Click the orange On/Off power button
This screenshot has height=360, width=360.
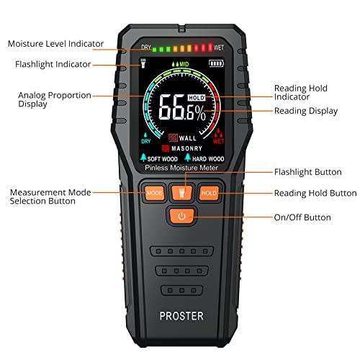(181, 216)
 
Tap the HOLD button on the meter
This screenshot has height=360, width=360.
(209, 193)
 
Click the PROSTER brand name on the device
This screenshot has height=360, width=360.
(181, 316)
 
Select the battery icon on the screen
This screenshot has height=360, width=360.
(216, 63)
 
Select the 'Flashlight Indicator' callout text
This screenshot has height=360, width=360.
(53, 64)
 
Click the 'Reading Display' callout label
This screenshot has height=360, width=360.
(306, 111)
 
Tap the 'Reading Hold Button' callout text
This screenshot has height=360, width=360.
(315, 193)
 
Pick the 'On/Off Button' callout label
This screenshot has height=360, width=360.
(302, 217)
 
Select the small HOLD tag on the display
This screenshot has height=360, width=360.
(197, 97)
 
